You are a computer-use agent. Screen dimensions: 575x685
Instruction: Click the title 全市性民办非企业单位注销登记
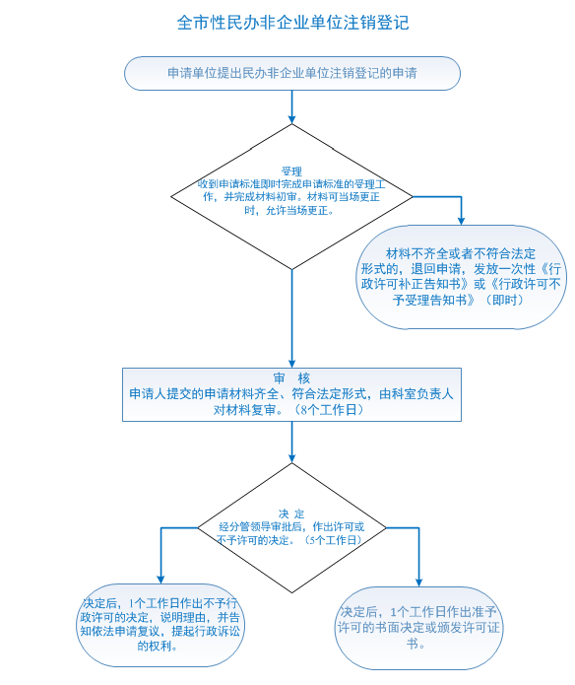[x=292, y=23]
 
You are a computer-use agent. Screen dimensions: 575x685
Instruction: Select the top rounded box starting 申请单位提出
[x=292, y=73]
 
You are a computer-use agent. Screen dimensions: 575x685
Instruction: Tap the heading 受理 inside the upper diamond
[x=291, y=171]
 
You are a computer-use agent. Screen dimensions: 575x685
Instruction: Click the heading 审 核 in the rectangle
[x=291, y=377]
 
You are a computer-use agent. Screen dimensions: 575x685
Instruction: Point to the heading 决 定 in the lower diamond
[x=291, y=514]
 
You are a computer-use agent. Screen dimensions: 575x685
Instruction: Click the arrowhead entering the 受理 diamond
[x=291, y=119]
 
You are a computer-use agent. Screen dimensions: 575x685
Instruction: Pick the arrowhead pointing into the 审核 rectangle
[x=291, y=364]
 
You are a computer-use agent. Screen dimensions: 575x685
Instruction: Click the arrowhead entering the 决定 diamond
[x=291, y=458]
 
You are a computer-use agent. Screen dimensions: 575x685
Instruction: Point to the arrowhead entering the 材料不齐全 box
[x=461, y=221]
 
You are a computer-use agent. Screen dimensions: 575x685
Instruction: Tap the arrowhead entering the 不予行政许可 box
[x=160, y=580]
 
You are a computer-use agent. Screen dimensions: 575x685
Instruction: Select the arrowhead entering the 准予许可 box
[x=418, y=582]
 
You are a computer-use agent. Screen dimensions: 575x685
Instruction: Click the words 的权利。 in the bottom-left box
[x=158, y=646]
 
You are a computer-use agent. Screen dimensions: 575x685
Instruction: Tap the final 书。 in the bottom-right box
[x=415, y=644]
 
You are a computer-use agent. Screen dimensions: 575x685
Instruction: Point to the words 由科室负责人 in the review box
[x=416, y=394]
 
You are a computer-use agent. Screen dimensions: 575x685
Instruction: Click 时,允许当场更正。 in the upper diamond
[x=289, y=211]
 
